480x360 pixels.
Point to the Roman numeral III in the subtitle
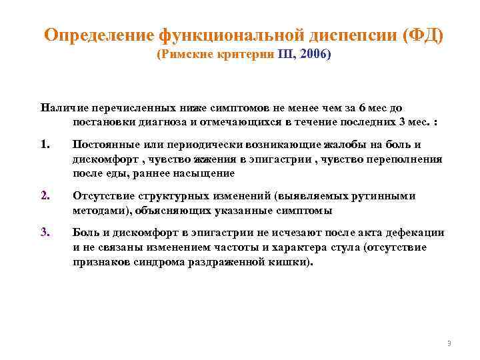click(281, 56)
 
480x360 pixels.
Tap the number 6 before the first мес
click(362, 108)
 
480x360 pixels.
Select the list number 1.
click(44, 145)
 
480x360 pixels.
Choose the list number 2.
click(44, 196)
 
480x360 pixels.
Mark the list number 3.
click(44, 233)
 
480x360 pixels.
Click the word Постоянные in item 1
click(104, 145)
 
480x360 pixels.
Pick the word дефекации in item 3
click(414, 233)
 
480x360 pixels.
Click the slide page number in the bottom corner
click(449, 343)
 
